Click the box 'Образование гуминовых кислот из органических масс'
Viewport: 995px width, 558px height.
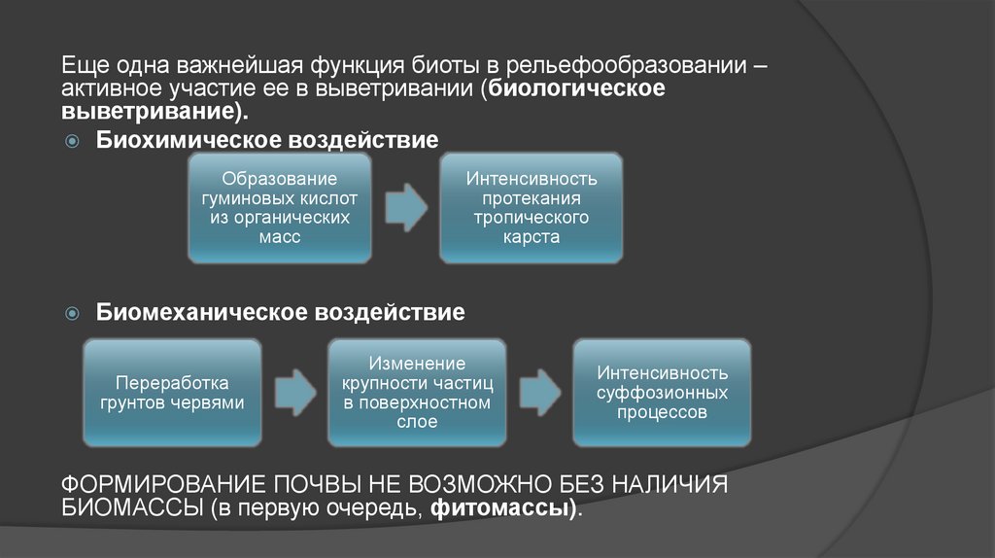click(279, 207)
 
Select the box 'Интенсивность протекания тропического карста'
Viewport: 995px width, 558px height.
click(531, 207)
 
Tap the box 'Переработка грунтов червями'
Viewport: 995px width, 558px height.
click(172, 392)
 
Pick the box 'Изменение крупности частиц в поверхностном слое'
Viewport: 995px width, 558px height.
click(417, 392)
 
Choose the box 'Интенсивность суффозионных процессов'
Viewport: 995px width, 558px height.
click(662, 392)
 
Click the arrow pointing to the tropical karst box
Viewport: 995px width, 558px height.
click(406, 207)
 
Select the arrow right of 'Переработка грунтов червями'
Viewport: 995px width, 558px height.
click(294, 393)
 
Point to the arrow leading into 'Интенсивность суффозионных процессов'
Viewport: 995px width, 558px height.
click(539, 393)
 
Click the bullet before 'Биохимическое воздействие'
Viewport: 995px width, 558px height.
click(72, 142)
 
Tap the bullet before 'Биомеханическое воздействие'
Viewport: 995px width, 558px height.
click(72, 314)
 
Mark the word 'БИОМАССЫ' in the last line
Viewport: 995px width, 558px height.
click(129, 508)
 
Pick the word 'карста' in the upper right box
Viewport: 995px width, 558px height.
click(532, 236)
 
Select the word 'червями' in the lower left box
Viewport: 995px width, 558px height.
click(213, 401)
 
